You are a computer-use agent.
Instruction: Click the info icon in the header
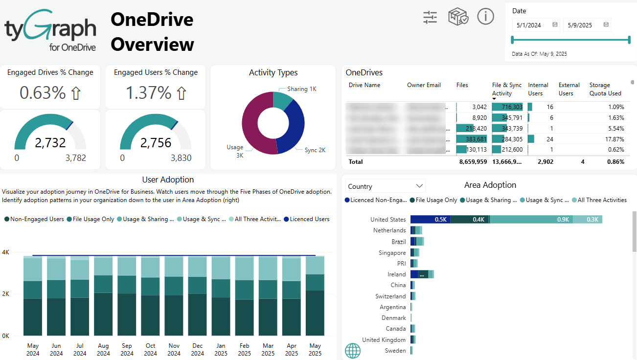pyautogui.click(x=485, y=17)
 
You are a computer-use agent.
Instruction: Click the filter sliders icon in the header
pyautogui.click(x=430, y=17)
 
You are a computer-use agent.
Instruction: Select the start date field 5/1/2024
pyautogui.click(x=531, y=25)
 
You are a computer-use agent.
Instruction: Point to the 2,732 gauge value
pyautogui.click(x=50, y=143)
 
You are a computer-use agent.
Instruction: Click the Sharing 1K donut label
pyautogui.click(x=301, y=89)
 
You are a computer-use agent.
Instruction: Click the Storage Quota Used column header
pyautogui.click(x=605, y=89)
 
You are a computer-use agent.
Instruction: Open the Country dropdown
pyautogui.click(x=385, y=186)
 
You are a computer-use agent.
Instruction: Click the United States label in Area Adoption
pyautogui.click(x=388, y=220)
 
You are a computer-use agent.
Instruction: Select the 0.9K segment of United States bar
pyautogui.click(x=531, y=220)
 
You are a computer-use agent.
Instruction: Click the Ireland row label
pyautogui.click(x=396, y=274)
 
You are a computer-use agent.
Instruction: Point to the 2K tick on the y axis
pyautogui.click(x=6, y=294)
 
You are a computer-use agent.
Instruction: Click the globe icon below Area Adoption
pyautogui.click(x=353, y=350)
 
